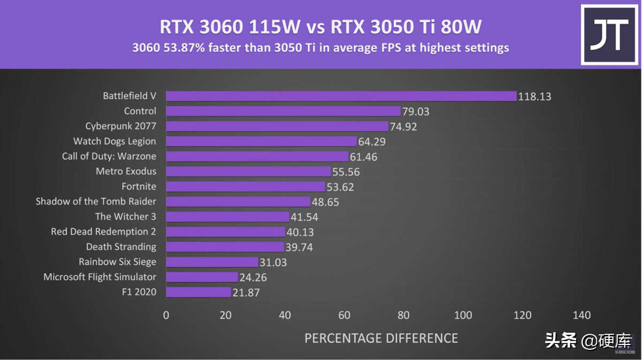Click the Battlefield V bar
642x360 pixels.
pyautogui.click(x=341, y=96)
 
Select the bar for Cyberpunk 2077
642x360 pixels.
pyautogui.click(x=277, y=126)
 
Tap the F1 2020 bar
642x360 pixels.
pyautogui.click(x=198, y=292)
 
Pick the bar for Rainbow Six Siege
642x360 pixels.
pyautogui.click(x=212, y=262)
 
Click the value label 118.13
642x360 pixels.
pyautogui.click(x=534, y=97)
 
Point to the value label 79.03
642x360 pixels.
pyautogui.click(x=416, y=112)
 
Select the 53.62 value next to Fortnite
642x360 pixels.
pyautogui.click(x=340, y=187)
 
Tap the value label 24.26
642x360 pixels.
pyautogui.click(x=253, y=277)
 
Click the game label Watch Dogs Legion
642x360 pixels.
pyautogui.click(x=114, y=141)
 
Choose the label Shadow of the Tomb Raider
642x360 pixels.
pyautogui.click(x=96, y=202)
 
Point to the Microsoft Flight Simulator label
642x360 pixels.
pyautogui.click(x=100, y=277)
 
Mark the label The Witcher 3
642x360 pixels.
pyautogui.click(x=126, y=217)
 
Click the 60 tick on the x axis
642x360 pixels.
pyautogui.click(x=345, y=315)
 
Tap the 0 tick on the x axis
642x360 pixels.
pyautogui.click(x=166, y=315)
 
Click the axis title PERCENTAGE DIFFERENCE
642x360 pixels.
pyautogui.click(x=381, y=338)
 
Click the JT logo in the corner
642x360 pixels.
pyautogui.click(x=609, y=34)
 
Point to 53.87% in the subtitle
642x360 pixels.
pyautogui.click(x=180, y=48)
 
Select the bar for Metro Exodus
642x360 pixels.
pyautogui.click(x=248, y=172)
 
